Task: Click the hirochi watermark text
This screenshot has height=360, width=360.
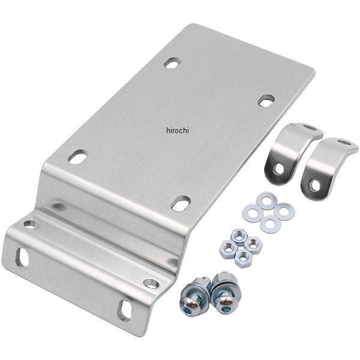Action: point(178,130)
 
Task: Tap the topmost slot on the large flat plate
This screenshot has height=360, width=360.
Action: point(172,62)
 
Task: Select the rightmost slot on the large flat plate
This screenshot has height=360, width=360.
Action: point(266,100)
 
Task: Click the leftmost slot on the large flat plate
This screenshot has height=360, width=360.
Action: point(78,157)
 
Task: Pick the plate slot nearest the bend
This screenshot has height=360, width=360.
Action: point(181,203)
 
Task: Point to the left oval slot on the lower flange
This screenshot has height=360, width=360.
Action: point(22,257)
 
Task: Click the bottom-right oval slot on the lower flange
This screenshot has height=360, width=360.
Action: point(125,310)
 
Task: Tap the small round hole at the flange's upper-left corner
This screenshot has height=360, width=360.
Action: point(31,224)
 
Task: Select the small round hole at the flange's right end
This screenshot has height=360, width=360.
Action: point(151,283)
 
